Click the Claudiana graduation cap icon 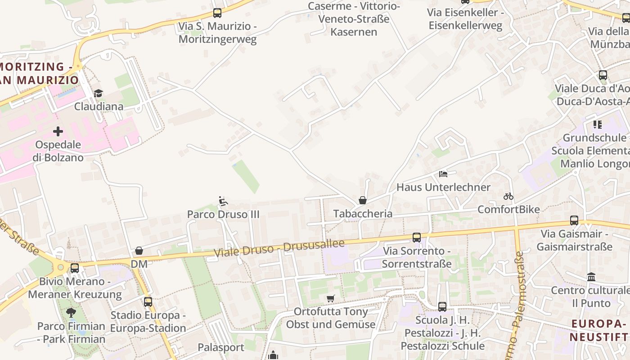98,93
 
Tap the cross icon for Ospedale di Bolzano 58,131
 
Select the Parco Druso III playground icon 223,201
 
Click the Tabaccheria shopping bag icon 363,200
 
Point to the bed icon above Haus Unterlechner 443,174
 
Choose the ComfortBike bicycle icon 508,196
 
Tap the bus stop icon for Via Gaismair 574,220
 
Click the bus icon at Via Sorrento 417,237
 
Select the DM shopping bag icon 139,251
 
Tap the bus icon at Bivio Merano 75,268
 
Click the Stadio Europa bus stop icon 148,301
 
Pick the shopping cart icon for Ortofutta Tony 331,298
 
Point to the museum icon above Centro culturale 591,277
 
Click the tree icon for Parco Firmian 71,312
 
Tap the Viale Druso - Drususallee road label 279,248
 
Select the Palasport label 221,347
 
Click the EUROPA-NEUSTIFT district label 599,330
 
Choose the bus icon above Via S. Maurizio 217,13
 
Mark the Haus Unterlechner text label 443,187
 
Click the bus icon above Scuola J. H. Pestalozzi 442,307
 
